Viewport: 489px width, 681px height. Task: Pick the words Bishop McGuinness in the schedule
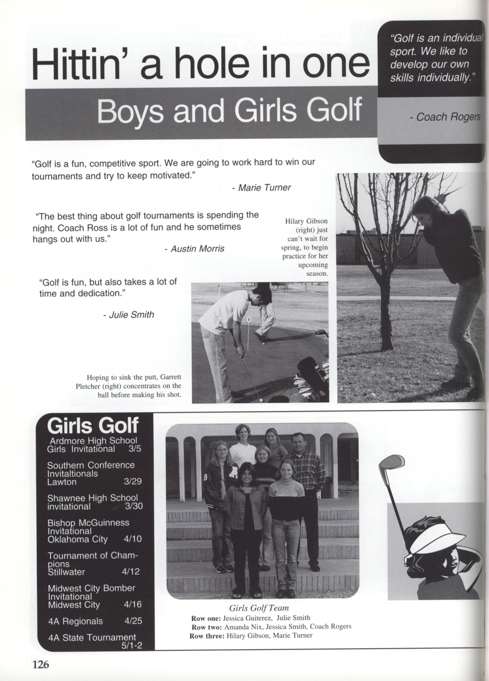tap(88, 522)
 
